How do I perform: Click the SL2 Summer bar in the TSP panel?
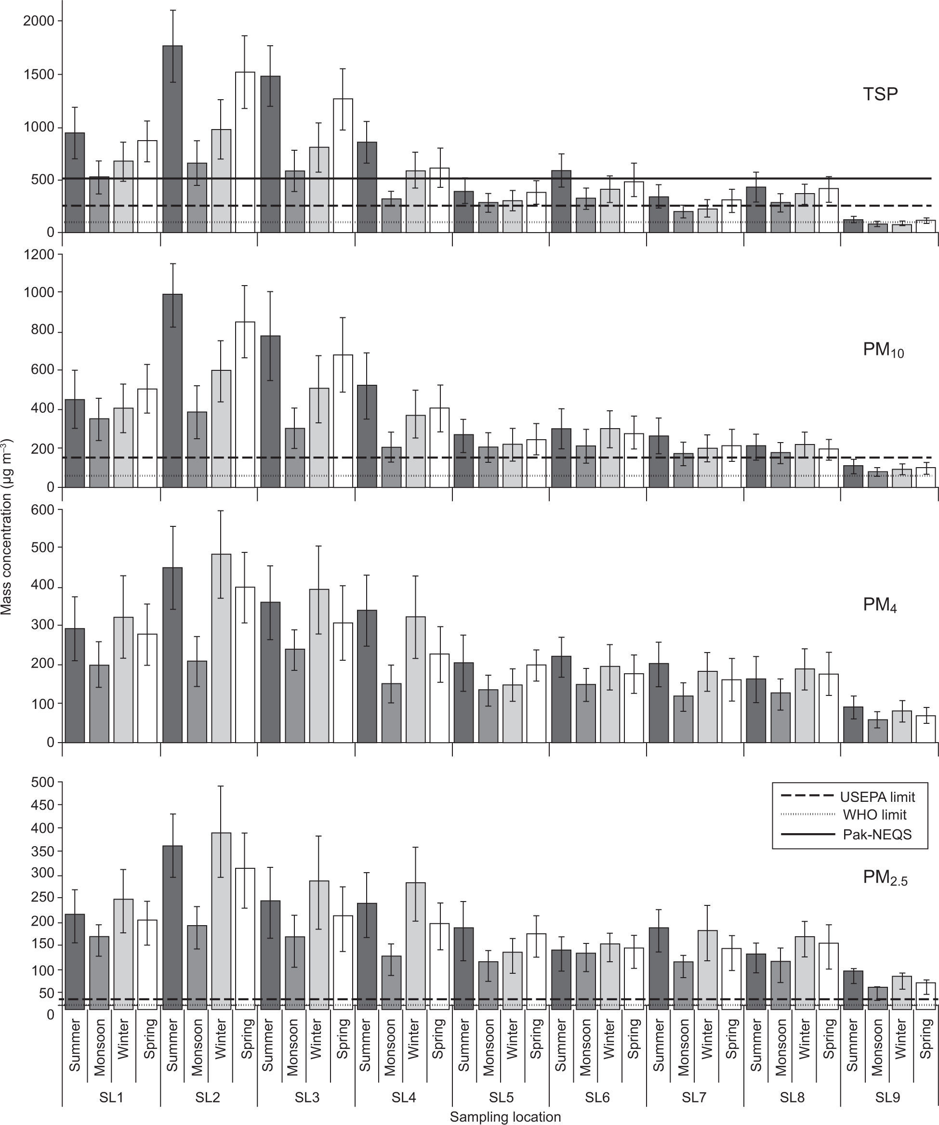(x=172, y=139)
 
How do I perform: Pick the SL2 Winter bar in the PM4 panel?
(x=221, y=648)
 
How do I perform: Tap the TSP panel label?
(x=880, y=94)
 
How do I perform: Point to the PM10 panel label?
(x=883, y=350)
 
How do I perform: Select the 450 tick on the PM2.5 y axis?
(x=43, y=805)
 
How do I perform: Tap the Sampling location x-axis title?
(x=505, y=1117)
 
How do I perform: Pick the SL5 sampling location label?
(x=501, y=1097)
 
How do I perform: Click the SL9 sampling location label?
(x=887, y=1097)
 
